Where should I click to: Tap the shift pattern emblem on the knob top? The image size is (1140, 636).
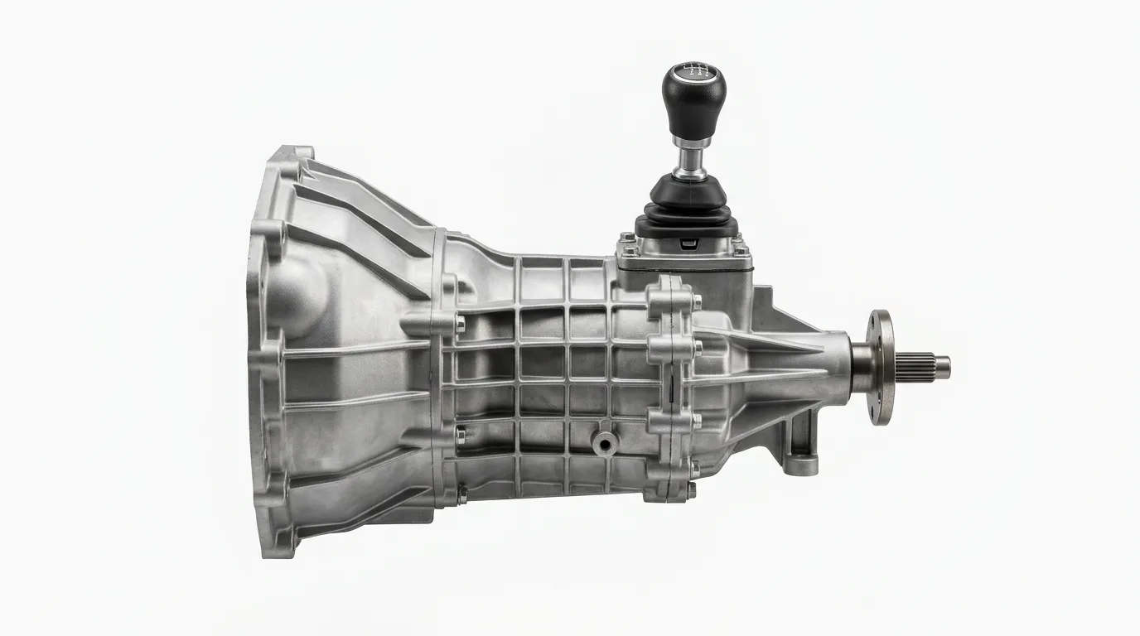pos(693,70)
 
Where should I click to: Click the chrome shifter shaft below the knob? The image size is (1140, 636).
pos(690,157)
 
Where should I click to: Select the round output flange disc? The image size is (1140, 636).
pos(881,367)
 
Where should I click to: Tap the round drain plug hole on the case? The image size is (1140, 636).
pos(606,444)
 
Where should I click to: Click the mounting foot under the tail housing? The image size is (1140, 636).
pos(800,447)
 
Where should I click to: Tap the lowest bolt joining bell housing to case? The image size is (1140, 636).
pos(461,495)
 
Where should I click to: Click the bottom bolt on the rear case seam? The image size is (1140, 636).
pos(691,490)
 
